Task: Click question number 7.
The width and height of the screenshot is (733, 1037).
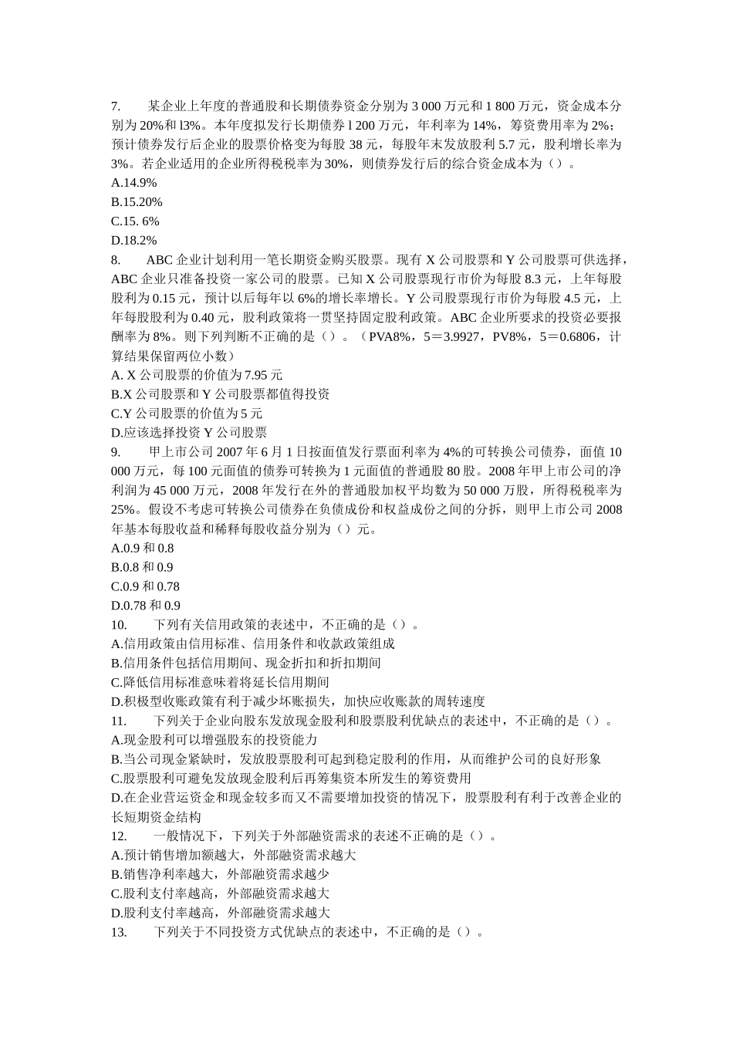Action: click(116, 106)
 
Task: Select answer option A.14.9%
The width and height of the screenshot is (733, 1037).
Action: click(134, 183)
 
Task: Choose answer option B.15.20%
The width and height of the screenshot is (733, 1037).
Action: click(137, 202)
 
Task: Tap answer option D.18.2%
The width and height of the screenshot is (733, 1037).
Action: click(134, 241)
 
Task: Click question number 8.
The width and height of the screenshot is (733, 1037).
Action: click(116, 260)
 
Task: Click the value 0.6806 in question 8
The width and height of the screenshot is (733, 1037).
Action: click(577, 336)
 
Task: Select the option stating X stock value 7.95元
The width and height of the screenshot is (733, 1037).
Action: click(197, 375)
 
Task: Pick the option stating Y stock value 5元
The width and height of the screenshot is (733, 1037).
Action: click(187, 414)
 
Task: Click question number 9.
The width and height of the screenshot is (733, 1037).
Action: click(116, 452)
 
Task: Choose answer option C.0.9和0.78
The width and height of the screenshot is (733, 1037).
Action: click(145, 586)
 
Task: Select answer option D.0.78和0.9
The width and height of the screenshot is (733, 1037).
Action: click(146, 606)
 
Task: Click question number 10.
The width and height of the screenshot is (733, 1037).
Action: click(119, 625)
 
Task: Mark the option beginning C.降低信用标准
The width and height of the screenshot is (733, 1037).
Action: click(221, 682)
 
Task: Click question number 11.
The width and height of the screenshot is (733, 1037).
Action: click(119, 721)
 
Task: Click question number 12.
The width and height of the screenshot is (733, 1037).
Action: click(119, 836)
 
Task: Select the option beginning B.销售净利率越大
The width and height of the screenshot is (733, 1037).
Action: click(221, 874)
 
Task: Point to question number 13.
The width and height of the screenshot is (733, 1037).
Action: click(119, 932)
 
